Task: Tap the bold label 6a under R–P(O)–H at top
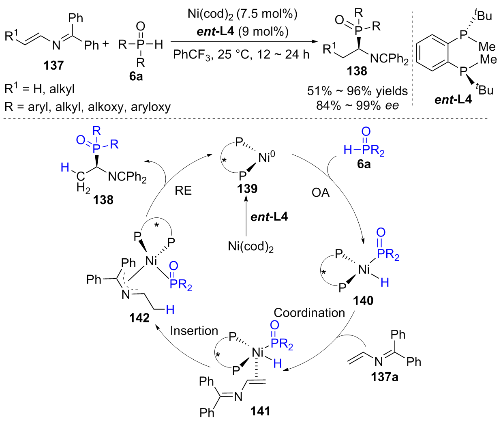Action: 136,76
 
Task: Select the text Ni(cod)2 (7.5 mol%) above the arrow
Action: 242,14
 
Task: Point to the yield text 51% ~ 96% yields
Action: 357,90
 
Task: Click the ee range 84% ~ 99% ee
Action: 357,105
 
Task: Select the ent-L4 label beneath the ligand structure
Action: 453,99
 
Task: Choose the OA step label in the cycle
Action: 321,192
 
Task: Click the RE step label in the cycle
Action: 183,190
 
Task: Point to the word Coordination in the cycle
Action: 309,313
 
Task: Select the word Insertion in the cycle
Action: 194,331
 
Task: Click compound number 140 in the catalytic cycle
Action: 363,301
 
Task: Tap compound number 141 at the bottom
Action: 260,411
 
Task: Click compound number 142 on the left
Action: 139,318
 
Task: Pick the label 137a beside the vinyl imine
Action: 384,377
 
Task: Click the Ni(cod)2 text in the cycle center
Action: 250,247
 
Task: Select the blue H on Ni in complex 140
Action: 384,282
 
